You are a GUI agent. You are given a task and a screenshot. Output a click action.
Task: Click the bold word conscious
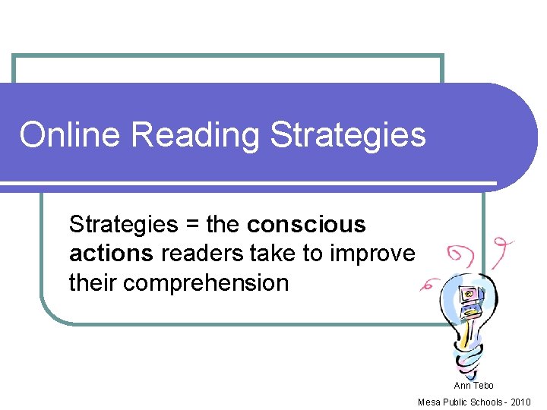click(x=306, y=225)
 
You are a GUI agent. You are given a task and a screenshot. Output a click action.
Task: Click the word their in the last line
click(x=93, y=283)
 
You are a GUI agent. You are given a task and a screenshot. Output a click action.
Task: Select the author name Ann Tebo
click(x=473, y=386)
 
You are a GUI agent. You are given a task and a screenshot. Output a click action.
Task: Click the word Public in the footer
click(x=455, y=402)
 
